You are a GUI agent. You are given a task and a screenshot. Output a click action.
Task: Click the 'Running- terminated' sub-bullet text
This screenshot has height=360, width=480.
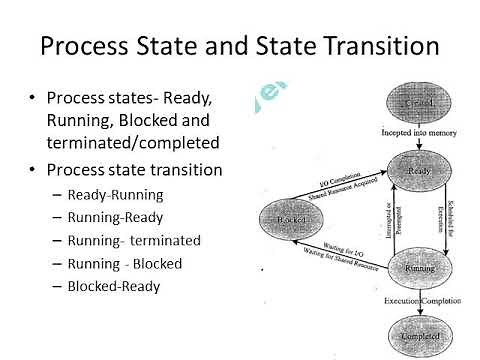(134, 240)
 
